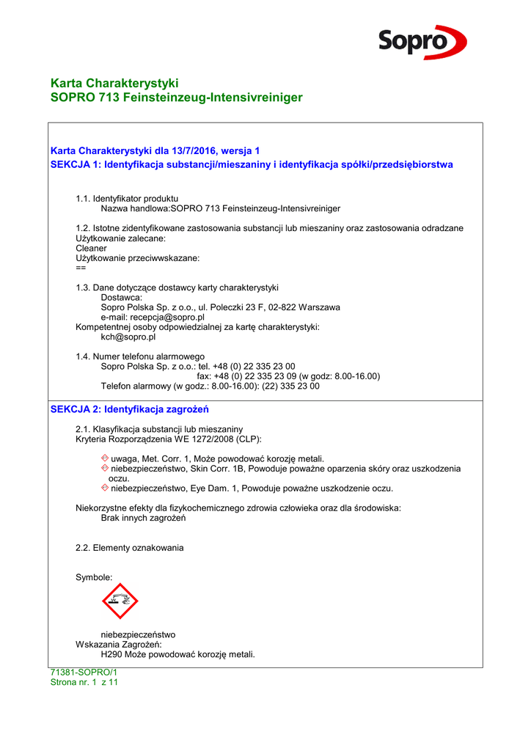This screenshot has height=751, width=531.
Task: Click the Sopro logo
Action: tap(422, 42)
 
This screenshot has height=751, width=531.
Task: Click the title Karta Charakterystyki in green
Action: tap(114, 83)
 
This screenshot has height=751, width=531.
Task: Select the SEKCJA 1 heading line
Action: tap(252, 164)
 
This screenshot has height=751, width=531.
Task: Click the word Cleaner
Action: tap(91, 248)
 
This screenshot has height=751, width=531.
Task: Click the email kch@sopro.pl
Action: tap(128, 337)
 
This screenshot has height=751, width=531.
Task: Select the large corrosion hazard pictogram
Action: tap(120, 601)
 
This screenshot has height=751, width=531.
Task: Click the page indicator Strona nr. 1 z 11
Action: tap(84, 682)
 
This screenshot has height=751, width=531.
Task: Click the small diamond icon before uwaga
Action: tap(105, 458)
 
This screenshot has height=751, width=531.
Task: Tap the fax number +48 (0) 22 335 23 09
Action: tap(255, 376)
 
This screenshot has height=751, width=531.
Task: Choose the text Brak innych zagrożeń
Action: tap(143, 518)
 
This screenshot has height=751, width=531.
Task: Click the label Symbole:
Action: tap(94, 578)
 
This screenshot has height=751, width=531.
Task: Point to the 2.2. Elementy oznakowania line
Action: tap(130, 548)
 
